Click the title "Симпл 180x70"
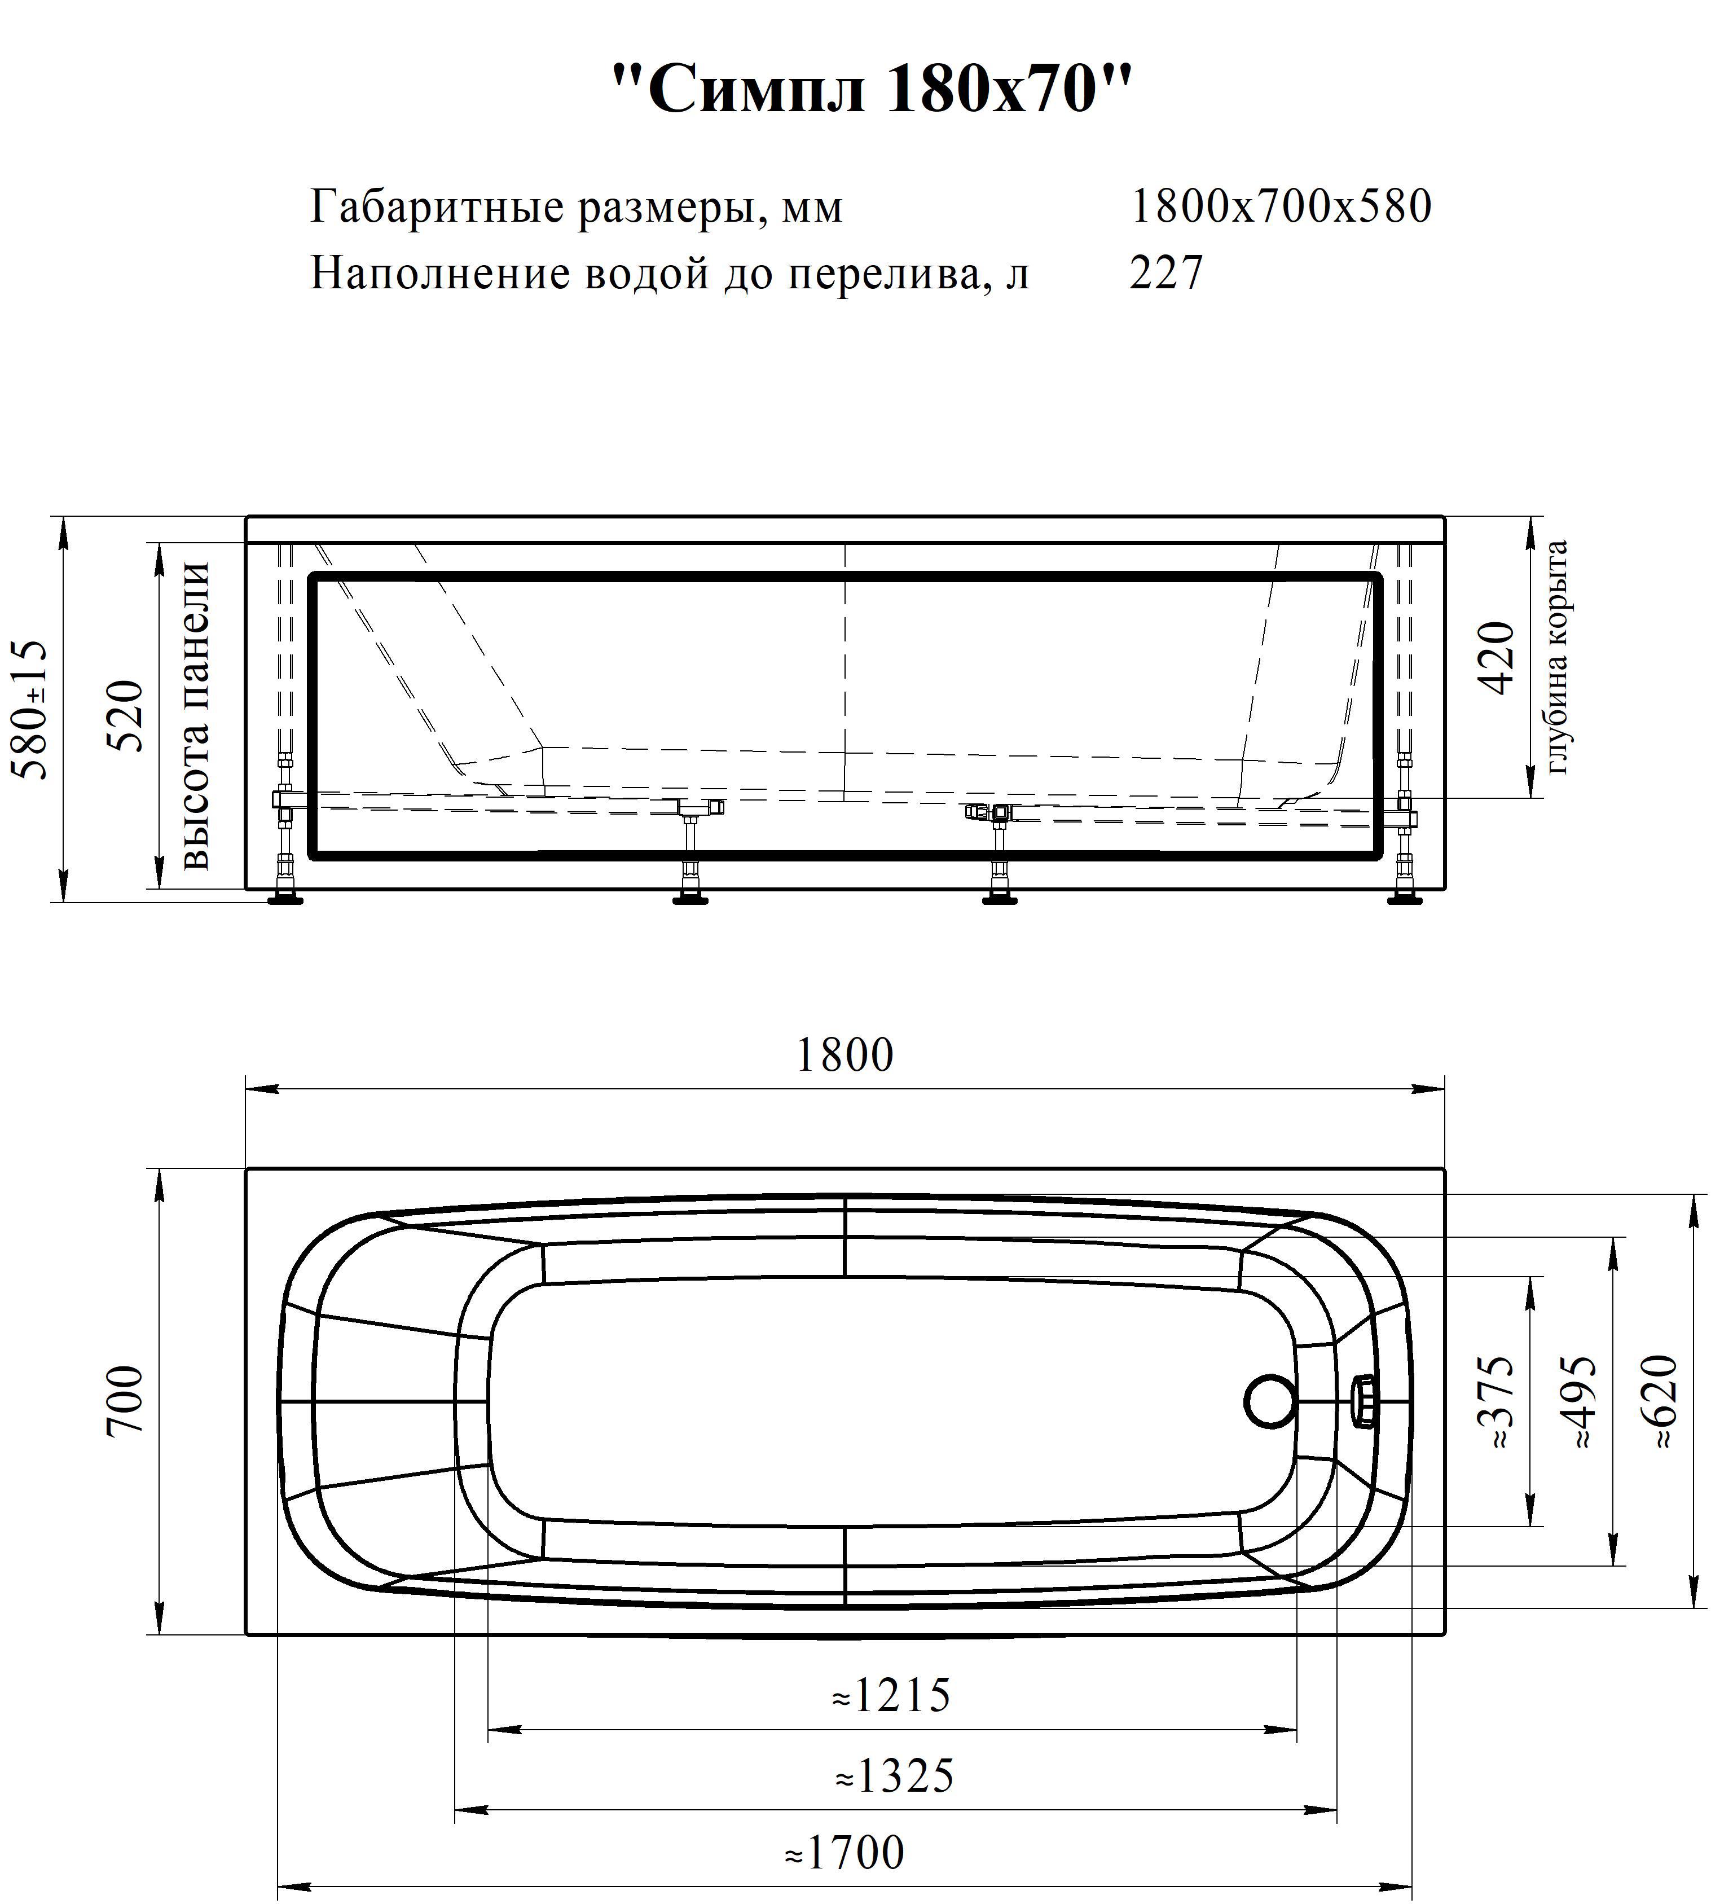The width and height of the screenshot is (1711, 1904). [x=872, y=91]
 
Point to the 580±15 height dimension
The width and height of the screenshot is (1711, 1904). [x=28, y=710]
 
